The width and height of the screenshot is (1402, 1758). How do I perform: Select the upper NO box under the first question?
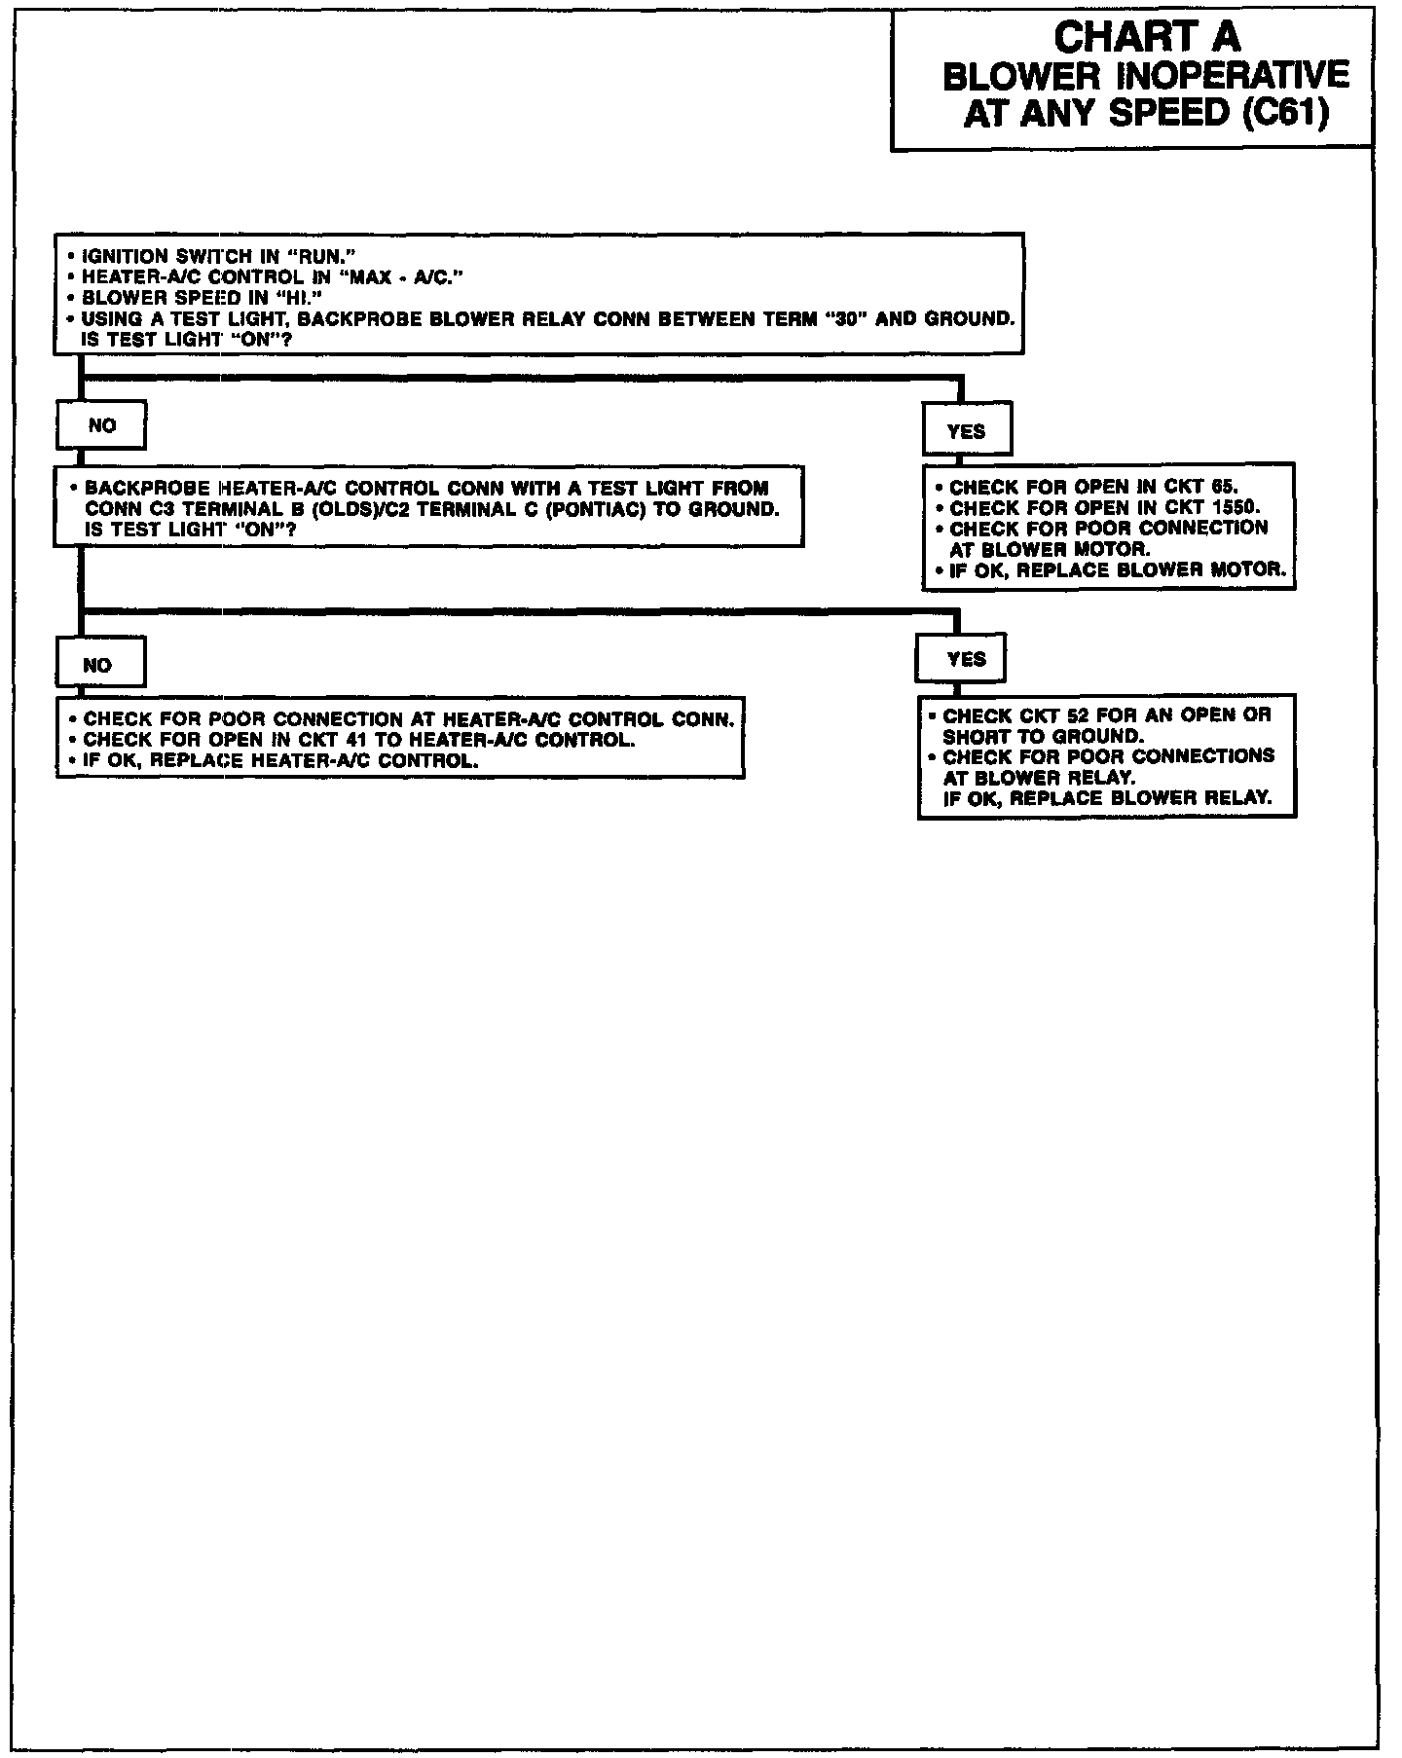point(101,425)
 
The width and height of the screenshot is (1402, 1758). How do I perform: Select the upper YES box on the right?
point(966,431)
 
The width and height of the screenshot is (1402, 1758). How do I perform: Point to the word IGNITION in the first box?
point(124,257)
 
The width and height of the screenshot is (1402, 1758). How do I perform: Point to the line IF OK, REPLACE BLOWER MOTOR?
point(1117,570)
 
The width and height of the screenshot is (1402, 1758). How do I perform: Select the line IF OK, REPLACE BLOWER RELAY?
point(1107,798)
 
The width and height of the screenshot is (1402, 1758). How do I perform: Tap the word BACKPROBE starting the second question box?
point(142,488)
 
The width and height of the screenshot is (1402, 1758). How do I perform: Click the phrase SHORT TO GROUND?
point(1043,737)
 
